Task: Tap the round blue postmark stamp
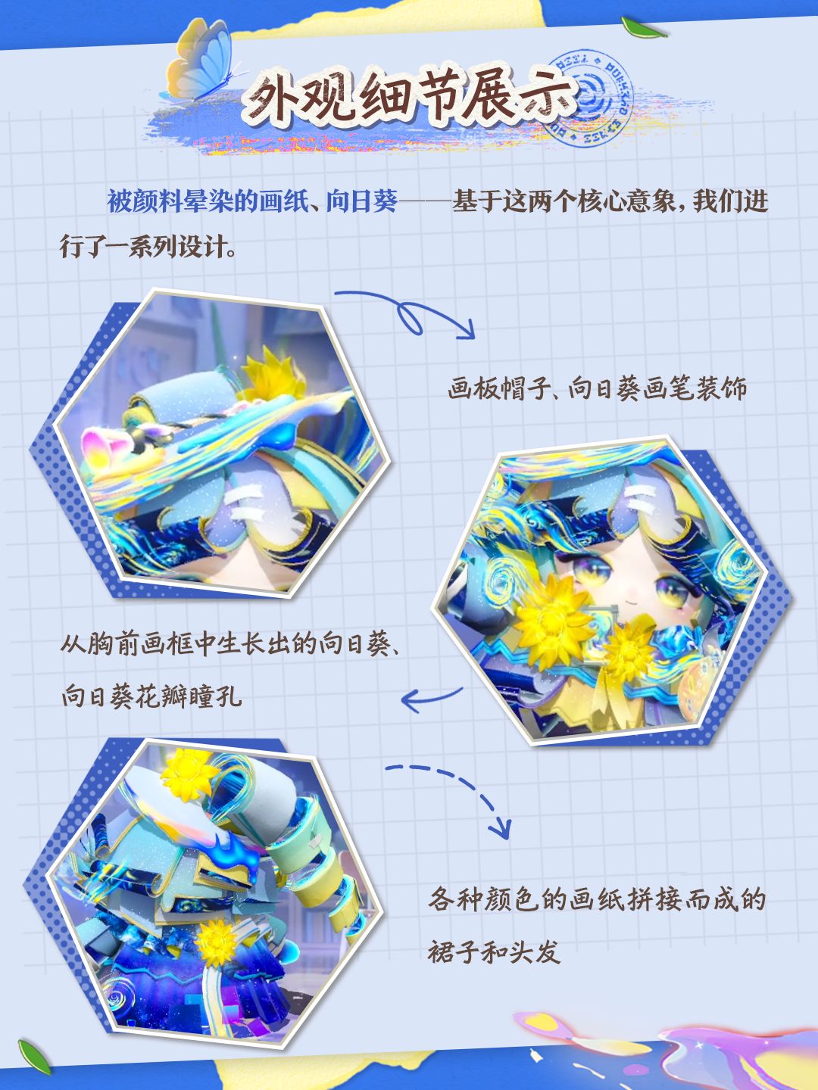click(589, 98)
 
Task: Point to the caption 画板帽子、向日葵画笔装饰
click(597, 388)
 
